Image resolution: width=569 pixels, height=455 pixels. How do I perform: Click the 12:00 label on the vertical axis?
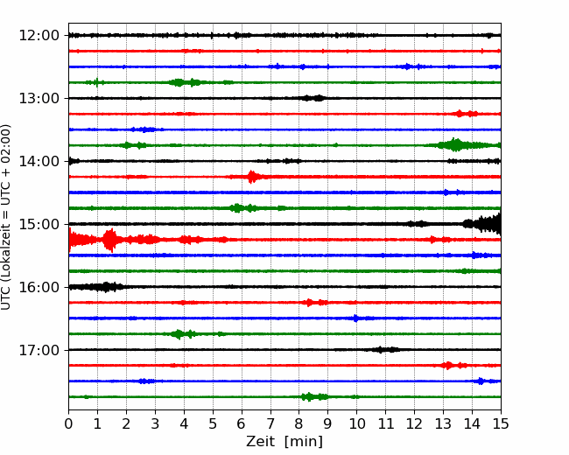coord(39,36)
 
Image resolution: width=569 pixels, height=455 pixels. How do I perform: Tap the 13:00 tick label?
coord(39,98)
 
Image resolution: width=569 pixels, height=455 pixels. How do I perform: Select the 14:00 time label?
coord(39,161)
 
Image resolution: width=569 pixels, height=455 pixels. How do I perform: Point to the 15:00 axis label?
coord(39,224)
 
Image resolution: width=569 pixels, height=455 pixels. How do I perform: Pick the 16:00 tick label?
coord(39,287)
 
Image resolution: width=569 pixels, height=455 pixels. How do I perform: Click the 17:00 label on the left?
coord(39,350)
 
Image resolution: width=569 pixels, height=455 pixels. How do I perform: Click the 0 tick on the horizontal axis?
coord(68,423)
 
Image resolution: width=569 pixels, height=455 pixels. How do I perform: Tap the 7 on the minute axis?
coord(270,423)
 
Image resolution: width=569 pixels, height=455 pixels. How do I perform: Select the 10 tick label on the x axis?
coord(356,423)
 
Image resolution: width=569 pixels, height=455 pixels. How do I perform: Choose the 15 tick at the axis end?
coord(501,423)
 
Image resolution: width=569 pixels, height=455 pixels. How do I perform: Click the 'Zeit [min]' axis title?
coord(284,442)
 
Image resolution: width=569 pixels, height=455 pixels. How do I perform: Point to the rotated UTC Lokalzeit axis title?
coord(5,217)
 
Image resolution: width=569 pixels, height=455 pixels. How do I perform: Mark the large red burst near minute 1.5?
coord(109,240)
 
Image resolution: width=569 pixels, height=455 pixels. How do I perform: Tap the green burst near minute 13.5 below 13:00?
coord(454,145)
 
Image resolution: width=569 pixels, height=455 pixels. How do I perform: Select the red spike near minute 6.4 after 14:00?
coord(252,177)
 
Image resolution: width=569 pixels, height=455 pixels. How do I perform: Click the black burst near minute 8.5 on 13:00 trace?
coord(313,98)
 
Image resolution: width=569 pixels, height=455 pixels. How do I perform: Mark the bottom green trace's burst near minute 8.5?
coord(314,396)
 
